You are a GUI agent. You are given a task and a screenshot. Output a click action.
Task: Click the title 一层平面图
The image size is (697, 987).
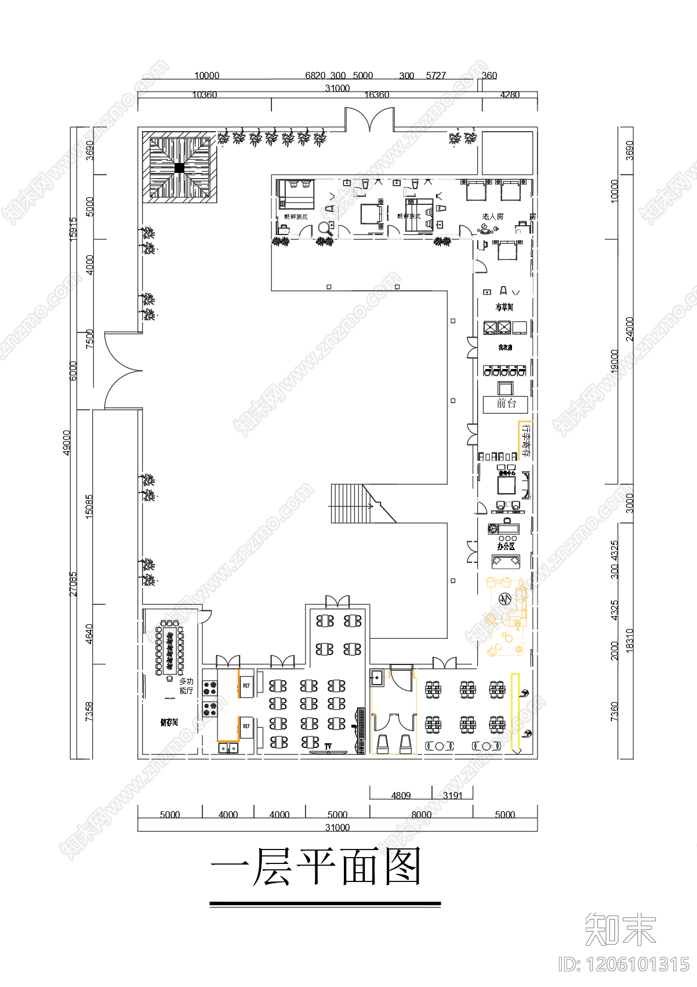click(316, 866)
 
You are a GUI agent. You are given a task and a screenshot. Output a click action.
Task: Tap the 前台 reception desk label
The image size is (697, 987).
click(506, 404)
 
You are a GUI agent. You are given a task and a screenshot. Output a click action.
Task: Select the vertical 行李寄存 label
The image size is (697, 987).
click(526, 441)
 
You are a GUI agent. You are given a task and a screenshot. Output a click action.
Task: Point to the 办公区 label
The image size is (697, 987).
click(506, 546)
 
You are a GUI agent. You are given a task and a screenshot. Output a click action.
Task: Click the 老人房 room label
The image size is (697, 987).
click(492, 216)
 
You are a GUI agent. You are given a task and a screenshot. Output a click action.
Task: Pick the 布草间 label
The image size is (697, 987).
click(504, 307)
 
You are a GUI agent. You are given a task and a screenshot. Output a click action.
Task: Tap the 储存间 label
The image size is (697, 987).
click(169, 722)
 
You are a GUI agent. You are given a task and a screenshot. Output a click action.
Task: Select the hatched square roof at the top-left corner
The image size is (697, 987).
click(180, 168)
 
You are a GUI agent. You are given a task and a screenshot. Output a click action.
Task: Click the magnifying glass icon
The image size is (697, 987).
click(325, 229)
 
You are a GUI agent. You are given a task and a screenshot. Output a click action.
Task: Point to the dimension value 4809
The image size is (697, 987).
click(401, 796)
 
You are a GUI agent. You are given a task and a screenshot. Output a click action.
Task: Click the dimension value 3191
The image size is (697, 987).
click(452, 796)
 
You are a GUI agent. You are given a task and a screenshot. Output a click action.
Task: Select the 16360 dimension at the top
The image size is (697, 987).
click(376, 95)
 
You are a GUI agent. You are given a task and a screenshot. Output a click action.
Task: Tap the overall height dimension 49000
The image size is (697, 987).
click(67, 442)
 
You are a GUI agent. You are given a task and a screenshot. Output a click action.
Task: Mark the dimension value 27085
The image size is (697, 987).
click(73, 583)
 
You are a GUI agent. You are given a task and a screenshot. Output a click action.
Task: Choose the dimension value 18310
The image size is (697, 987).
click(630, 641)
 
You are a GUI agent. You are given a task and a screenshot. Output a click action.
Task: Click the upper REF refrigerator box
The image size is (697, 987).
click(246, 685)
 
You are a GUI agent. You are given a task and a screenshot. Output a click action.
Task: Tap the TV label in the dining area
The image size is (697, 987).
click(328, 746)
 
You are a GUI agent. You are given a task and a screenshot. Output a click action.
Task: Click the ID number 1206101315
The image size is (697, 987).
click(623, 964)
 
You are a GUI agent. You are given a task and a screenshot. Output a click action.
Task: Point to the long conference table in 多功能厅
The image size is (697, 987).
click(170, 647)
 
